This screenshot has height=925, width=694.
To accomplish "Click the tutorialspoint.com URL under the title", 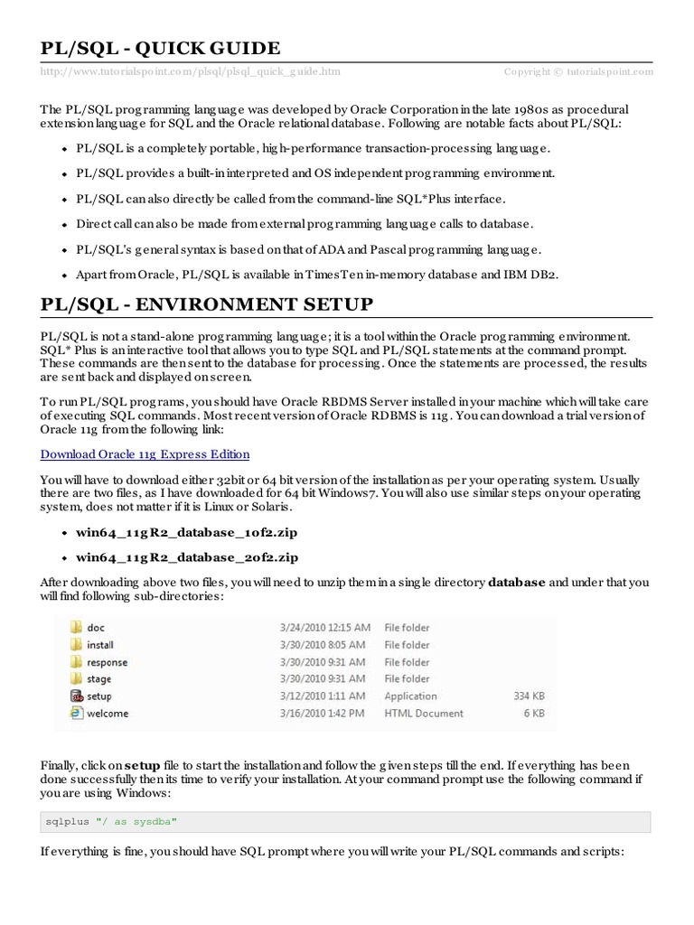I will point(191,71).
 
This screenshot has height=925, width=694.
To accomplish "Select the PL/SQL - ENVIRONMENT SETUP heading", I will point(207,304).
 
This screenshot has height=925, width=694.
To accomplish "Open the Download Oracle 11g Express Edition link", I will point(145,454).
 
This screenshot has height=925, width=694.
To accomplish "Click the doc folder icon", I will point(76,627).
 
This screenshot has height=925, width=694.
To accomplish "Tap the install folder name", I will point(100,645).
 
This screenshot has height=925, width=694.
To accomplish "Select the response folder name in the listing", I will point(107,662).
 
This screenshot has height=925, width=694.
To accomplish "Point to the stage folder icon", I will point(76,678).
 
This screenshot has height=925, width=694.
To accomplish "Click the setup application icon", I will point(76,696).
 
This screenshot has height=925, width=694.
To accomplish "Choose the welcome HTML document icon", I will point(76,713).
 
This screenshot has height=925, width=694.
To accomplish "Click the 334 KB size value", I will point(528,696).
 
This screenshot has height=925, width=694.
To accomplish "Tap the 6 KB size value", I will point(534,714).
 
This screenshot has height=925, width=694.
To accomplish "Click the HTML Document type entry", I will point(424,714).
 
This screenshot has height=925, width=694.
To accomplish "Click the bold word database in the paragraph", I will point(517,583).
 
